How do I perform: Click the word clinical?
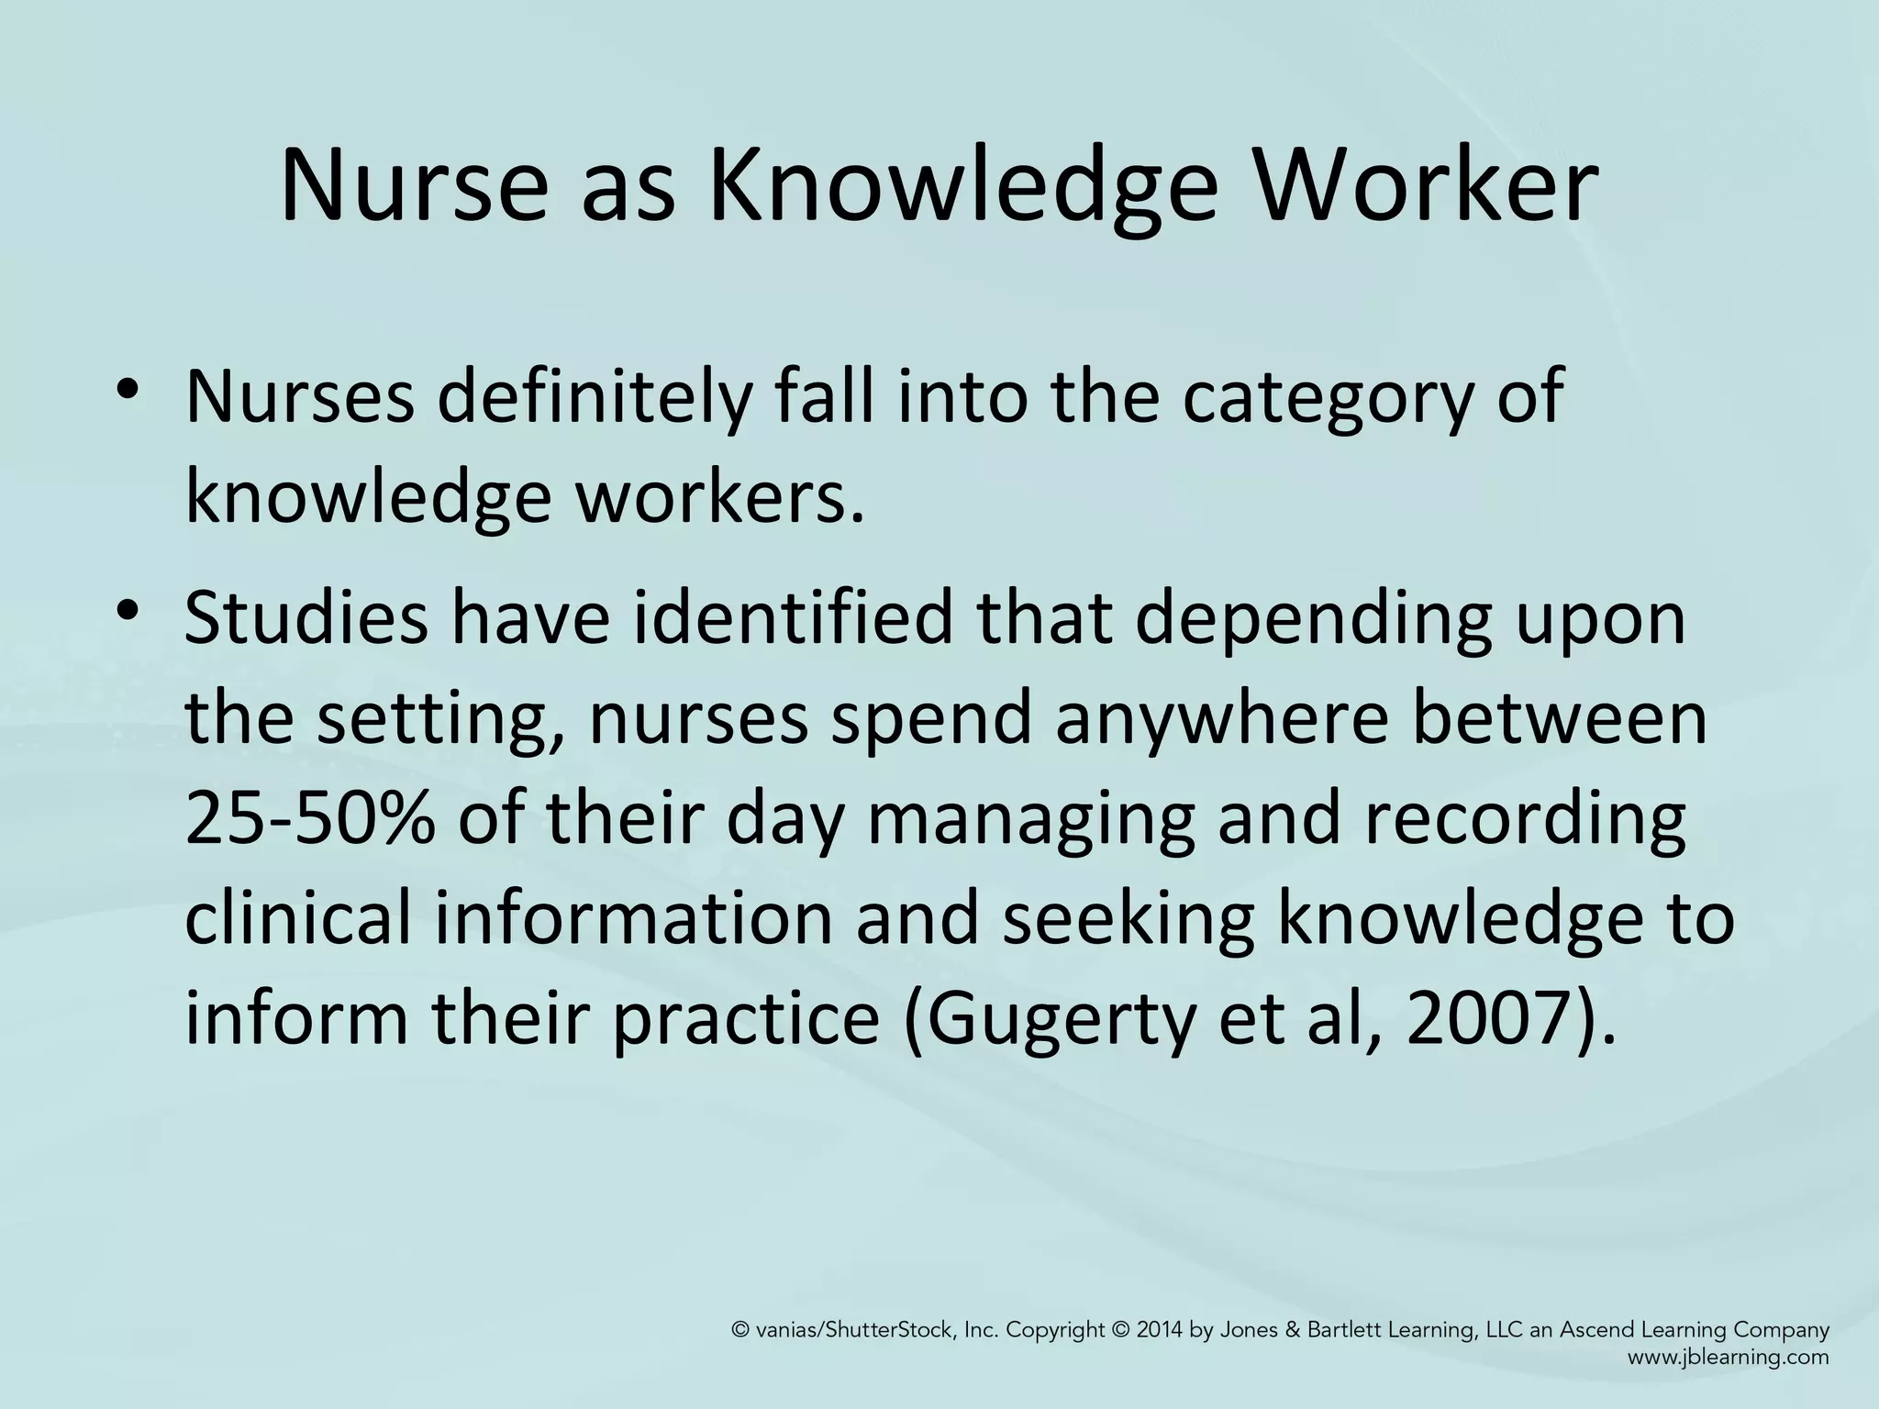297,920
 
